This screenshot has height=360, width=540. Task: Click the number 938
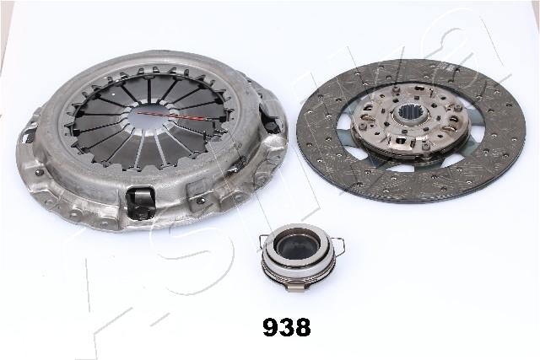click(x=287, y=327)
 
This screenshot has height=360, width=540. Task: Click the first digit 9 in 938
click(x=271, y=327)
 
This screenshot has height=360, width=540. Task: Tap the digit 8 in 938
click(x=303, y=327)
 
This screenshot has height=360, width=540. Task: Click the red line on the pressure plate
click(x=171, y=115)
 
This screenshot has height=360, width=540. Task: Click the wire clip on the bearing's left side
click(x=264, y=243)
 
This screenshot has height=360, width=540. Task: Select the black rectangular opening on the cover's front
click(x=140, y=202)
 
